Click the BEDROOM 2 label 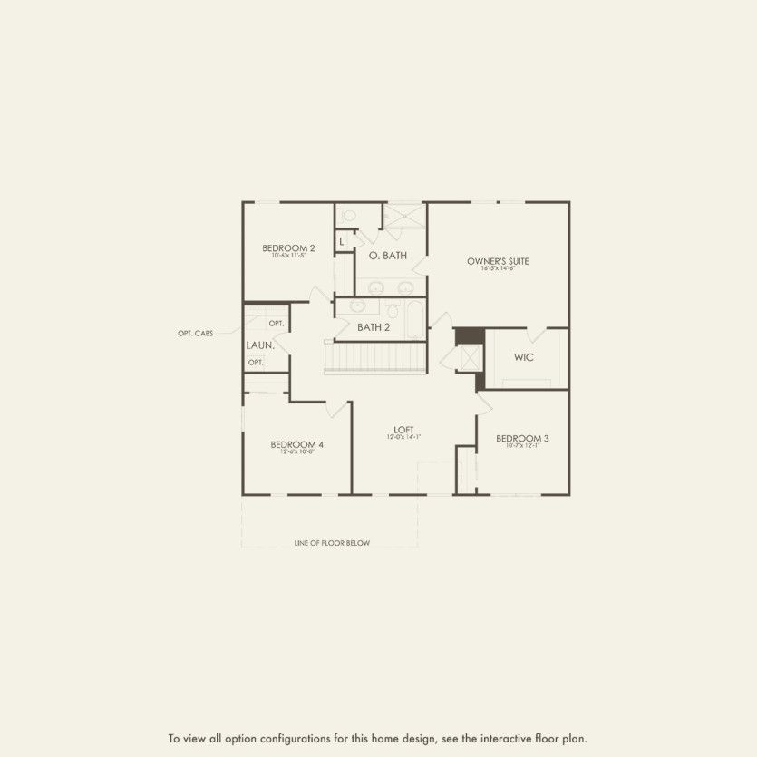point(288,248)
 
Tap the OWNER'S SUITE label point(498,261)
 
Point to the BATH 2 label point(374,327)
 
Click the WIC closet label point(524,357)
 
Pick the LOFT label point(403,429)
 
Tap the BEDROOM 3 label point(522,438)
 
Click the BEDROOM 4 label point(296,444)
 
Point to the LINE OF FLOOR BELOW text point(332,543)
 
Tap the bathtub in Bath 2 point(414,318)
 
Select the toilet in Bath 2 point(393,312)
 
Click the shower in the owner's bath point(403,216)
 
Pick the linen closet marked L point(342,241)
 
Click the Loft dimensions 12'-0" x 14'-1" point(403,438)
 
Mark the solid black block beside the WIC point(470,335)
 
